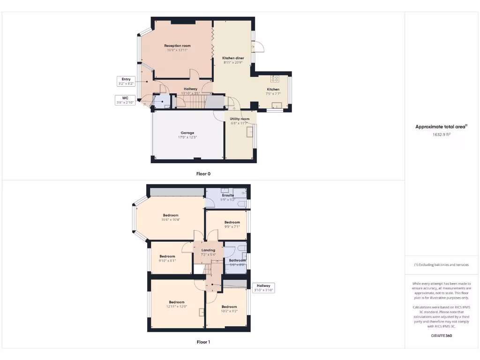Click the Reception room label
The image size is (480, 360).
(x=177, y=45)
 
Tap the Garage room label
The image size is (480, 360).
(x=187, y=133)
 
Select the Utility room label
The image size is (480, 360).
(x=240, y=119)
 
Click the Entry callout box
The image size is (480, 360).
(x=126, y=81)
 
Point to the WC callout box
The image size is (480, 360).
(x=125, y=100)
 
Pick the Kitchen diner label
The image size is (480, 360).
(x=233, y=58)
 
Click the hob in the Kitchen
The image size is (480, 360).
(x=275, y=79)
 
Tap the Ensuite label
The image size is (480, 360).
(x=228, y=195)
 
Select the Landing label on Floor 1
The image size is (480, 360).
(x=208, y=250)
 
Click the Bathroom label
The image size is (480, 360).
(x=237, y=260)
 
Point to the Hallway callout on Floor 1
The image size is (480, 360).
(x=263, y=287)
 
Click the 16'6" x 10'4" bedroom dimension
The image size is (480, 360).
(x=171, y=219)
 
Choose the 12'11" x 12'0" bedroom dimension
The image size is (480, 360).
(x=177, y=307)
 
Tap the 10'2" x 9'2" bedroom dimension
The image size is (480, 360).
(x=229, y=311)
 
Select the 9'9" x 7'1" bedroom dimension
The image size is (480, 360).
(x=232, y=226)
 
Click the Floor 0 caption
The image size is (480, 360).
(x=203, y=173)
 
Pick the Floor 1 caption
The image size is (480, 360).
(x=203, y=342)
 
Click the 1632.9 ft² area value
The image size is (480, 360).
(x=441, y=134)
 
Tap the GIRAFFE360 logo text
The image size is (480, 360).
(x=441, y=336)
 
